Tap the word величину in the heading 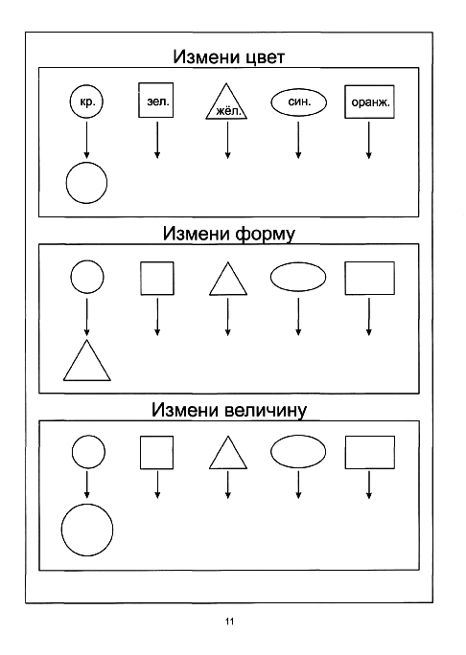coord(265,411)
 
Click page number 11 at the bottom coord(229,621)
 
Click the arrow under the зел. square coord(157,140)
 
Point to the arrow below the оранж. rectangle coord(368,140)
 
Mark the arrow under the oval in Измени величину coord(298,485)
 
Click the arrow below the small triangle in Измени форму coord(227,317)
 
